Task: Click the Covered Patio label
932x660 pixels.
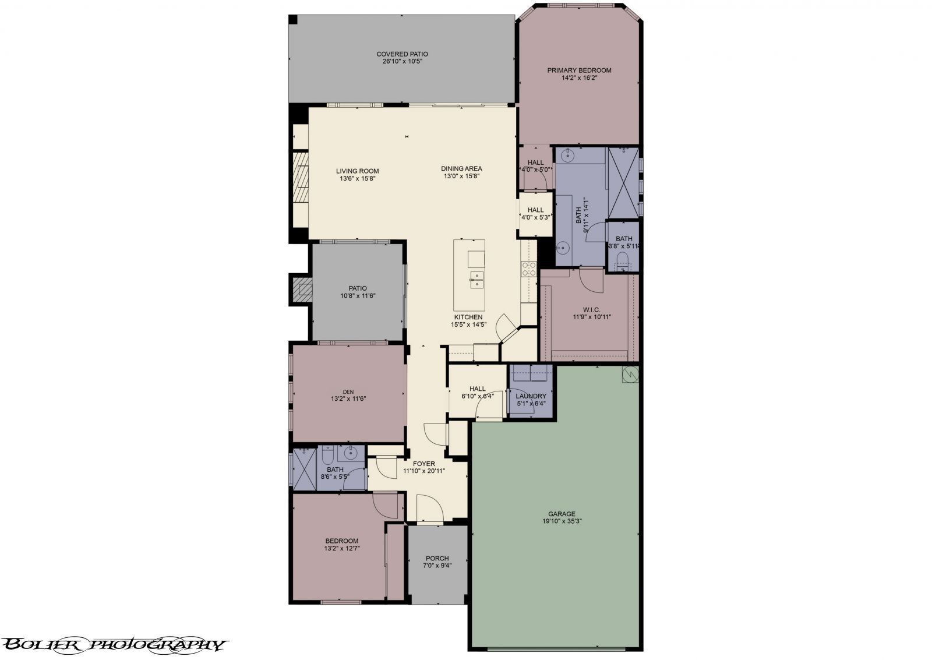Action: point(402,54)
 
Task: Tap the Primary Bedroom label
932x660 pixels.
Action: point(579,70)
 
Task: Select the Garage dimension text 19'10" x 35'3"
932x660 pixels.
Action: point(562,521)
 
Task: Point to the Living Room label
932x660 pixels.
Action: point(358,171)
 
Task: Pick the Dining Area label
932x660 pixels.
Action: point(461,168)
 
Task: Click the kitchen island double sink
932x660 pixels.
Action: point(477,280)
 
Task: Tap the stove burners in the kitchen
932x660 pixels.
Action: point(529,269)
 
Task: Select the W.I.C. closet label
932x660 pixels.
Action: point(592,309)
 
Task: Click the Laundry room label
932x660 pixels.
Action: point(531,396)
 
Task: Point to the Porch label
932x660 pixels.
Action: point(437,559)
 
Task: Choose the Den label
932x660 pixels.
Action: point(348,391)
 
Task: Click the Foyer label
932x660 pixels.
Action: point(424,464)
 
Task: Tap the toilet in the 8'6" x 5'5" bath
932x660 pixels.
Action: point(327,455)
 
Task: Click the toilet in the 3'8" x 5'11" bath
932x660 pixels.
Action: point(623,260)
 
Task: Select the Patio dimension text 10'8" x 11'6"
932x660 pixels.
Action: point(358,296)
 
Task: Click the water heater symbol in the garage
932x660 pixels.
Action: point(630,374)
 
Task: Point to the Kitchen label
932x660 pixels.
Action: point(468,317)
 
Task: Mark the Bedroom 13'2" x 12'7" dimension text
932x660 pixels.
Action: point(342,549)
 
